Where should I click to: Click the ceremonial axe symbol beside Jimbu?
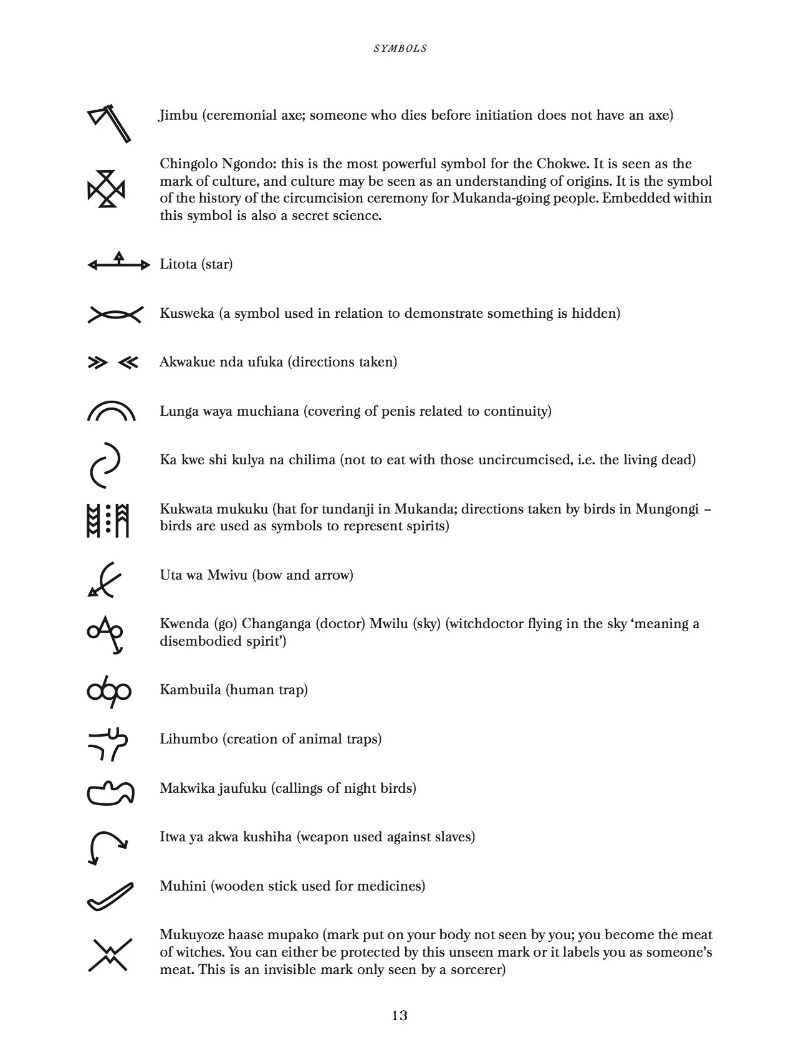[110, 123]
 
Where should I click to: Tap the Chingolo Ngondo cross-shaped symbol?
[106, 189]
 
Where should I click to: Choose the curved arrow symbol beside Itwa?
[108, 846]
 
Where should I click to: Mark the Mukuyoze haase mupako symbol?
[110, 955]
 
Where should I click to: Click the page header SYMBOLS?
[400, 49]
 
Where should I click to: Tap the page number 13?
[400, 1016]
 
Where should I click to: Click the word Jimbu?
[178, 115]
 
